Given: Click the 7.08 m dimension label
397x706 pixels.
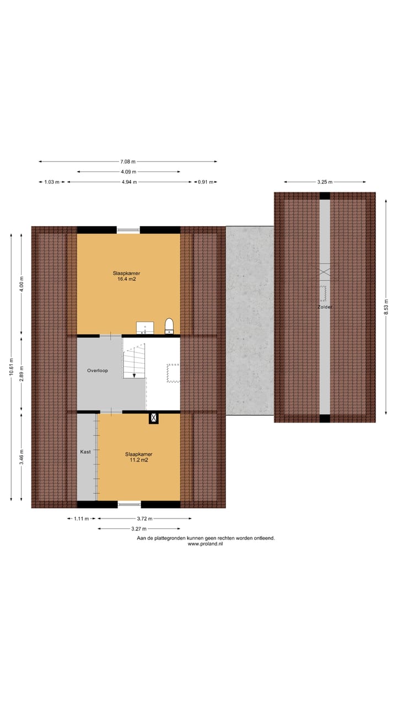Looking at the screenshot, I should [128, 162].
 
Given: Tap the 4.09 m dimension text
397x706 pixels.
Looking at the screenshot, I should [128, 172].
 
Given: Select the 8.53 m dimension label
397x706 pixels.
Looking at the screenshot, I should [386, 307].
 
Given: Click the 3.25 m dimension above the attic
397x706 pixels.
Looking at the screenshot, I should [325, 181].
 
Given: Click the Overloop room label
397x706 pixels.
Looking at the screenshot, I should [97, 371].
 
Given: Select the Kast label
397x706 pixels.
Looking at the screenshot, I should [85, 452].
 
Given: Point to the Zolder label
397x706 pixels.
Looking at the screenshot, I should [325, 307].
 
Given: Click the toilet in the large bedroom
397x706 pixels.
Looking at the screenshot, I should [169, 326].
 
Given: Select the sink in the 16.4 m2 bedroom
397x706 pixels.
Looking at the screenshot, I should [145, 328].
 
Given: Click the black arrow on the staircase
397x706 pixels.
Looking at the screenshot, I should [134, 375].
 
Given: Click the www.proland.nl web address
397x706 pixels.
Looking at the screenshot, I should [205, 544].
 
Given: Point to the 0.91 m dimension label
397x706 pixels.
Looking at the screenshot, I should [204, 181].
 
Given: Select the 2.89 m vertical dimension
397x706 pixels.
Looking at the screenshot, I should [22, 373].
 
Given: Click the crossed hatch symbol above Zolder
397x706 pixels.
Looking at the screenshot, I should [325, 271].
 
